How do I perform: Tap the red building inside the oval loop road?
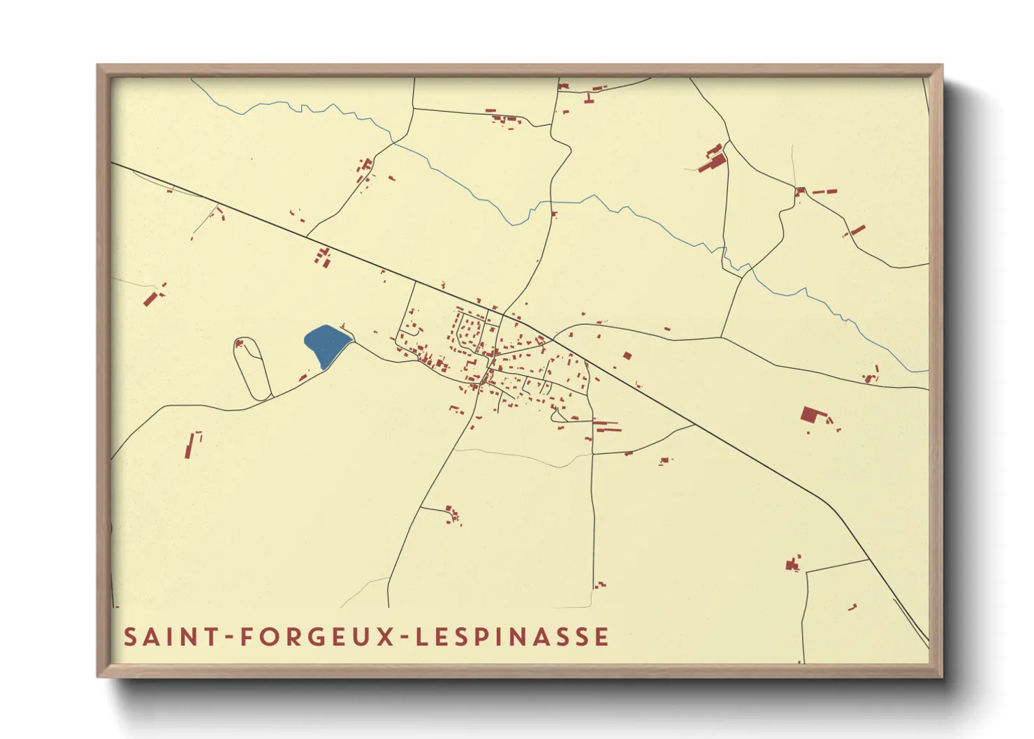[239, 343]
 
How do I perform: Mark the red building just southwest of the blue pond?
[303, 378]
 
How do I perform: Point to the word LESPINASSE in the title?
[512, 637]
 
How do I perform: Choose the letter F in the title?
[246, 637]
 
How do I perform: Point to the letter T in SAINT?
[215, 637]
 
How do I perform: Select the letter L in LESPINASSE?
[421, 637]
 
